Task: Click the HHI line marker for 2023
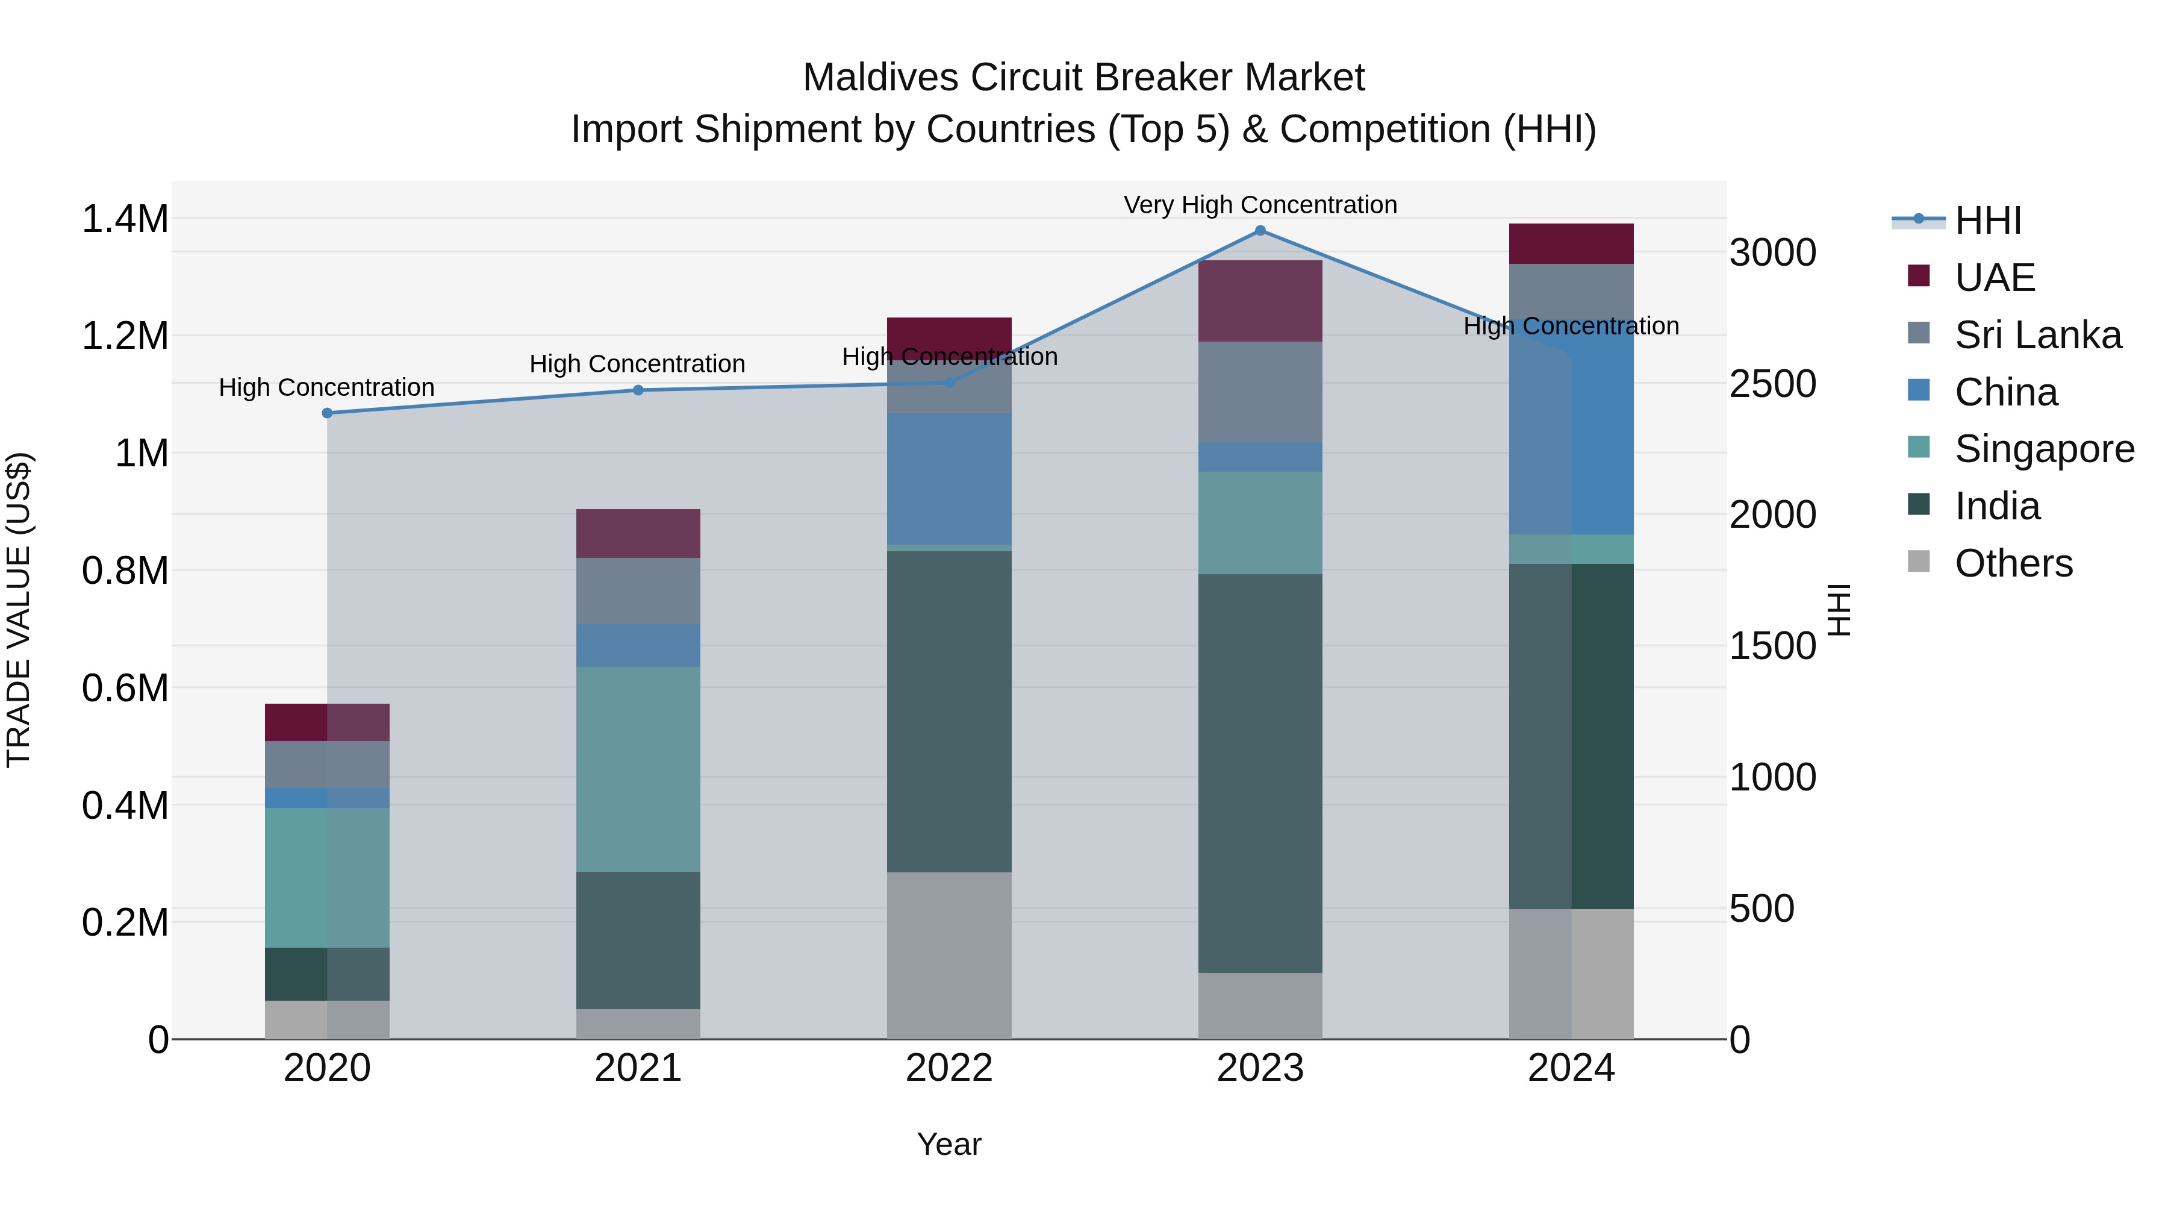1260,231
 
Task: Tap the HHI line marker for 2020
328,413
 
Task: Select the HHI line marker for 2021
638,390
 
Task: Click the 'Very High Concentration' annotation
1260,205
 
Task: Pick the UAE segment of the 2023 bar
1260,301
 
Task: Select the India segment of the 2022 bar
948,712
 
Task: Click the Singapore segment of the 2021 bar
638,769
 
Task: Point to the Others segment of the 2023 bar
1260,1006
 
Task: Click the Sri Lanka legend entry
2037,335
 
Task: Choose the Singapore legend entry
2043,449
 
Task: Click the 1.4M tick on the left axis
125,219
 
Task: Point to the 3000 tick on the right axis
1772,252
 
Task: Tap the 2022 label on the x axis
948,1068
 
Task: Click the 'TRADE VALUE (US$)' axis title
19,610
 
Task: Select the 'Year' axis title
948,1144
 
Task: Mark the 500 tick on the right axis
1761,909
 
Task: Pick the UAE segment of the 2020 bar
328,722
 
